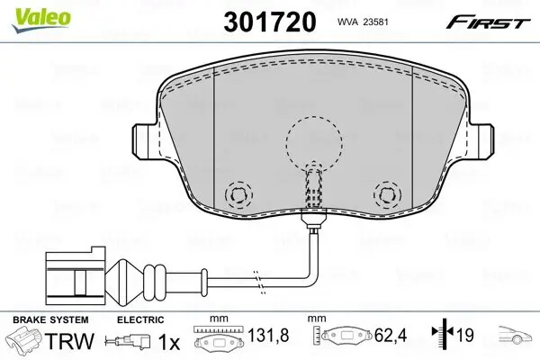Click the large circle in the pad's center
pyautogui.click(x=315, y=142)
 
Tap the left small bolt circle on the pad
pyautogui.click(x=238, y=194)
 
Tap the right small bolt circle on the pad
pyautogui.click(x=386, y=193)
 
